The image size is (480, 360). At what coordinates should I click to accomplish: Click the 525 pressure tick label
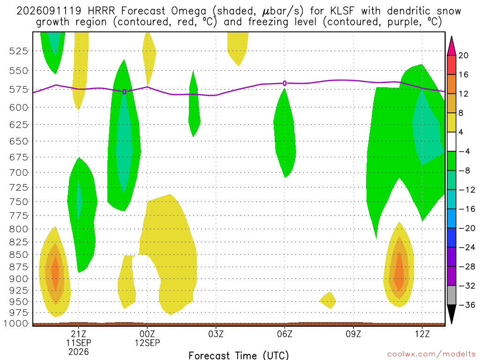[x=19, y=51]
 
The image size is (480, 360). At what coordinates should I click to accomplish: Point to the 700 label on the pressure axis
[x=19, y=172]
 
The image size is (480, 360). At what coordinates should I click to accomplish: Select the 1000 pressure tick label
[x=16, y=323]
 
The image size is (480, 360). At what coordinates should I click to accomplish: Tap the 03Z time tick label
[x=216, y=334]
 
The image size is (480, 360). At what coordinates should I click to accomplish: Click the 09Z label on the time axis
[x=353, y=334]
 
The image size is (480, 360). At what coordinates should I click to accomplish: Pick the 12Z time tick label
[x=422, y=334]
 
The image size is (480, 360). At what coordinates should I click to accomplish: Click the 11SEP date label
[x=79, y=343]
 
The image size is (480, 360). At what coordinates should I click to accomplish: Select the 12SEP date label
[x=147, y=343]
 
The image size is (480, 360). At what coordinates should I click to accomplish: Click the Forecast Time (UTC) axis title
[x=239, y=355]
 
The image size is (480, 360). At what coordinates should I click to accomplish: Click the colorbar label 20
[x=463, y=55]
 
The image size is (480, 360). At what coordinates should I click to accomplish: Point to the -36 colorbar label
[x=467, y=305]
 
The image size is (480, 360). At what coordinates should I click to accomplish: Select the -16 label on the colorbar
[x=467, y=209]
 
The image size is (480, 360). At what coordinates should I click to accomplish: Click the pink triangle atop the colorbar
[x=451, y=45]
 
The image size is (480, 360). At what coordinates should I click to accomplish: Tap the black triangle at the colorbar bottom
[x=451, y=315]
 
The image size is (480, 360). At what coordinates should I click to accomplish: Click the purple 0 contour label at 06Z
[x=285, y=83]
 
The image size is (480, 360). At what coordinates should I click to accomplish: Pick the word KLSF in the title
[x=342, y=11]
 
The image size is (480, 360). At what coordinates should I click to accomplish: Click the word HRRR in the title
[x=101, y=11]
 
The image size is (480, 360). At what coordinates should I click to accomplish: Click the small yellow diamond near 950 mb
[x=328, y=300]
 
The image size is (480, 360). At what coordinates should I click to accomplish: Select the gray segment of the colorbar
[x=451, y=295]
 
